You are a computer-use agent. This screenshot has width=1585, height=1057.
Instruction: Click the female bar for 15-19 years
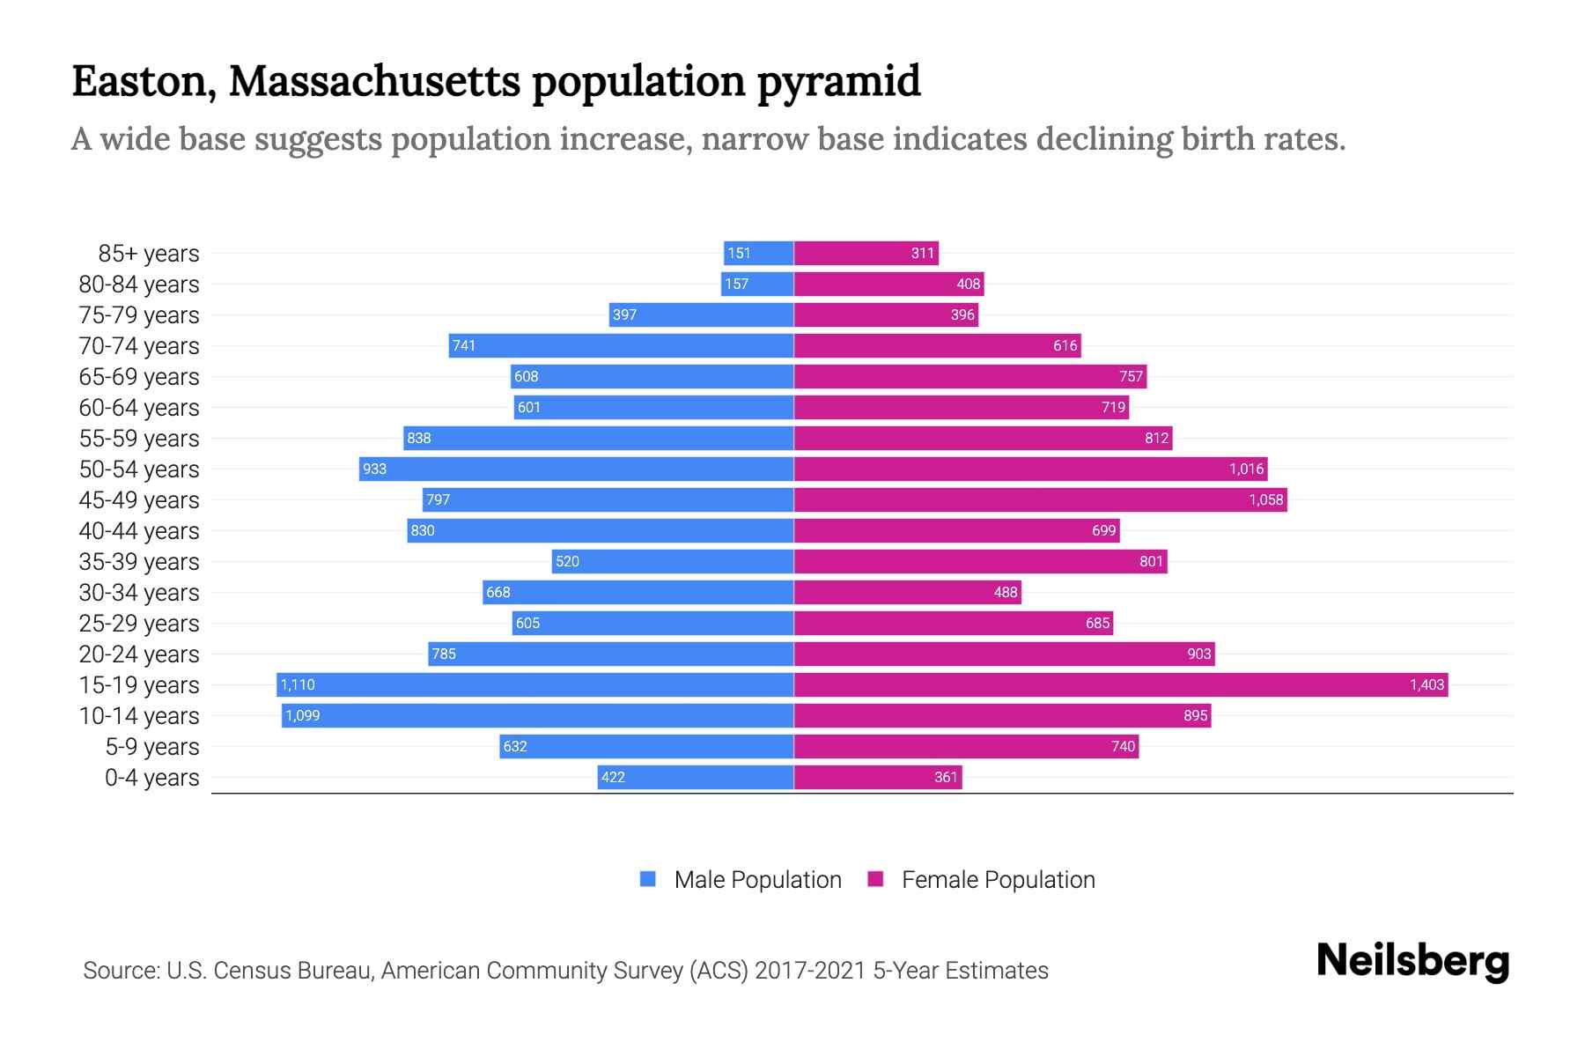(x=1120, y=684)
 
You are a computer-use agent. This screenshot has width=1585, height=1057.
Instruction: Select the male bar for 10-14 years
(x=537, y=715)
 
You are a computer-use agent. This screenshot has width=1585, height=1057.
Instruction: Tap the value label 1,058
(x=1265, y=499)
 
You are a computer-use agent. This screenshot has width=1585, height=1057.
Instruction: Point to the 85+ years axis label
(x=148, y=254)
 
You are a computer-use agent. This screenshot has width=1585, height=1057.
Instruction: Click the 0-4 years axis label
(x=151, y=778)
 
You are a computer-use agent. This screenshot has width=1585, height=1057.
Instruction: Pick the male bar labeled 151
(x=758, y=253)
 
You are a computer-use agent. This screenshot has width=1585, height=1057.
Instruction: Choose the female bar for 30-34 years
(x=907, y=592)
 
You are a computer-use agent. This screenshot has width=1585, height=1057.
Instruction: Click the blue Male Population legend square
(x=648, y=879)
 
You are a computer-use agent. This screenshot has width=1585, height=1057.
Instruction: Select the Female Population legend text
(x=998, y=880)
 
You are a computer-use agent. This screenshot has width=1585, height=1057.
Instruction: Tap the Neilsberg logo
(x=1412, y=961)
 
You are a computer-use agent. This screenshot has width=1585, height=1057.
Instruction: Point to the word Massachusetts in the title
(x=375, y=81)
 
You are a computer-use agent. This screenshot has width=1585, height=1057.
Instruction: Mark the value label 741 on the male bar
(x=464, y=345)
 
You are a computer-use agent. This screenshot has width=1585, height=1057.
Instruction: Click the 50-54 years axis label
(x=139, y=469)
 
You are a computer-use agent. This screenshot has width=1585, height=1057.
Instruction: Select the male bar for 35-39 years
(x=673, y=561)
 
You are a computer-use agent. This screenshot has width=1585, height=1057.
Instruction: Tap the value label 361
(x=945, y=777)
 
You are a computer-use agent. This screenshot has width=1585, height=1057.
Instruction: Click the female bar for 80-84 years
(x=888, y=284)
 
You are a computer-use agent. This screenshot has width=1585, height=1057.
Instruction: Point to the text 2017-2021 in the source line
(x=810, y=971)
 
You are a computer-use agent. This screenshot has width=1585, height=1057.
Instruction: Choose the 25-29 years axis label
(x=139, y=624)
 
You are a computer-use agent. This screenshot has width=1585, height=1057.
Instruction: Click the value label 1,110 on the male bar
(x=298, y=684)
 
